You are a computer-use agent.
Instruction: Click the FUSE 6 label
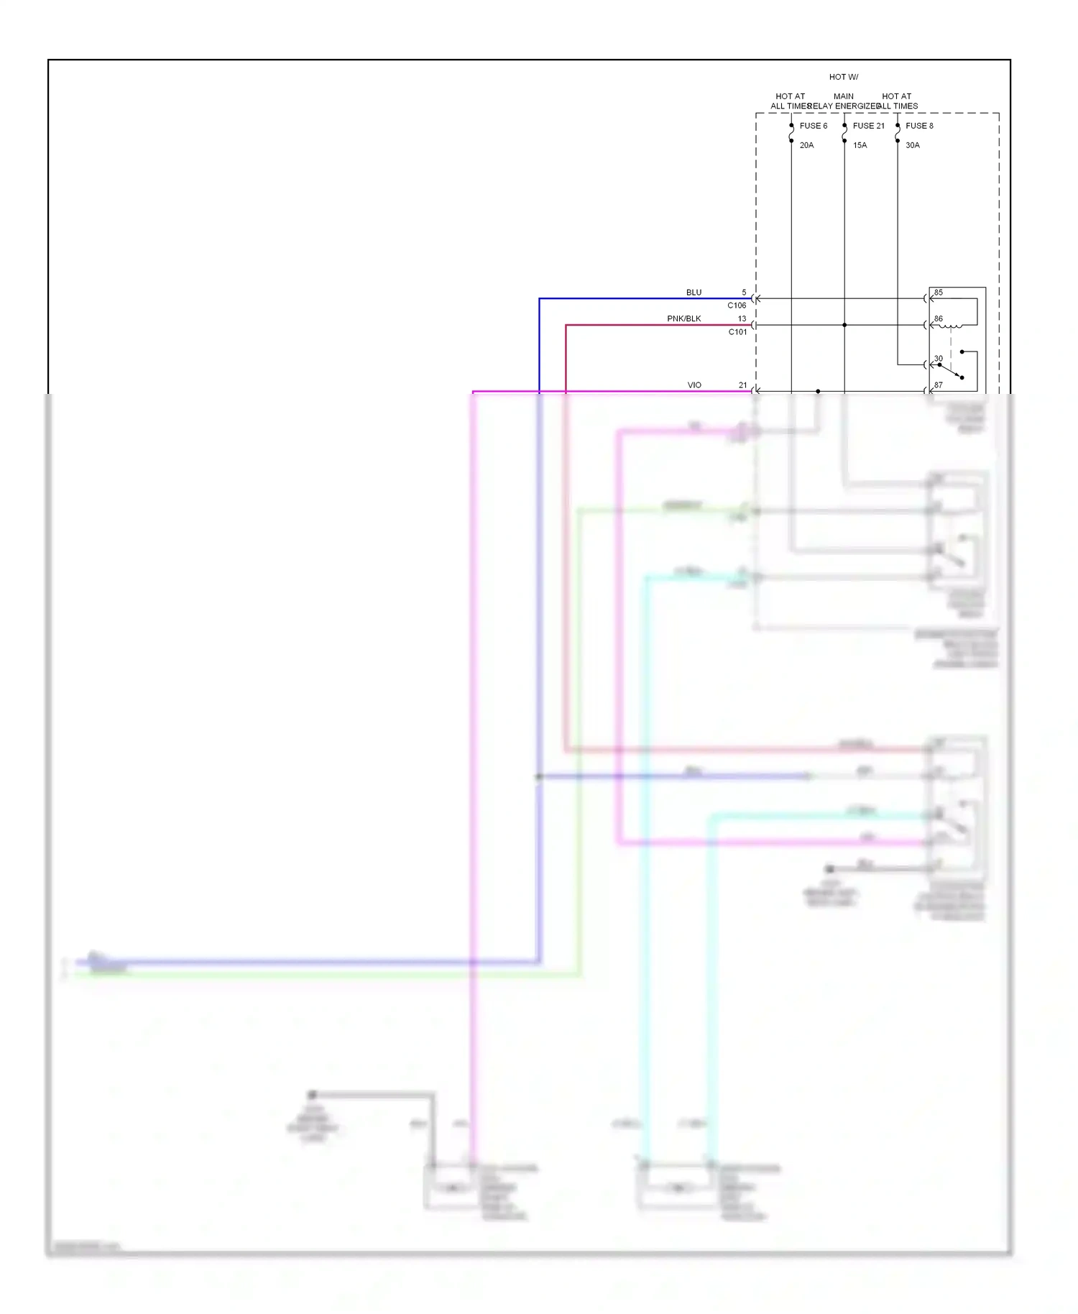coord(813,126)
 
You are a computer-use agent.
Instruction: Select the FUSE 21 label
coord(868,126)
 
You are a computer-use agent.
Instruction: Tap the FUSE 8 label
coord(919,126)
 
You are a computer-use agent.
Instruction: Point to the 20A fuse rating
coord(806,145)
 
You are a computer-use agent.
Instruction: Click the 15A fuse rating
coord(860,145)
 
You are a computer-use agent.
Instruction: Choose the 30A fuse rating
coord(912,145)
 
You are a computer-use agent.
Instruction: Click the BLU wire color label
coord(694,293)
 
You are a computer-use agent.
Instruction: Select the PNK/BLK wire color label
coord(683,318)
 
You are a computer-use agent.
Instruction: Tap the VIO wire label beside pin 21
coord(694,385)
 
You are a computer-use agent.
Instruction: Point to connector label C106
coord(737,305)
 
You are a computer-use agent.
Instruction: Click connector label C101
coord(737,332)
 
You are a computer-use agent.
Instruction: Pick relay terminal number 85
coord(938,293)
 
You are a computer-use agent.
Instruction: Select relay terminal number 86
coord(938,318)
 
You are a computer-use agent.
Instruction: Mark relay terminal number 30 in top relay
coord(938,359)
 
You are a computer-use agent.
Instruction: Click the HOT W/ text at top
coord(843,77)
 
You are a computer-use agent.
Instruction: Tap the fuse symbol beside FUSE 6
coord(791,133)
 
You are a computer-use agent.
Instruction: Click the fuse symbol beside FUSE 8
coord(898,133)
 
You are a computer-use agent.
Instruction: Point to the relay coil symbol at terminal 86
coord(951,327)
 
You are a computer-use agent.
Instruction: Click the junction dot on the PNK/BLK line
coord(844,325)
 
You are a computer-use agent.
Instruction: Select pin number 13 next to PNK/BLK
coord(742,318)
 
